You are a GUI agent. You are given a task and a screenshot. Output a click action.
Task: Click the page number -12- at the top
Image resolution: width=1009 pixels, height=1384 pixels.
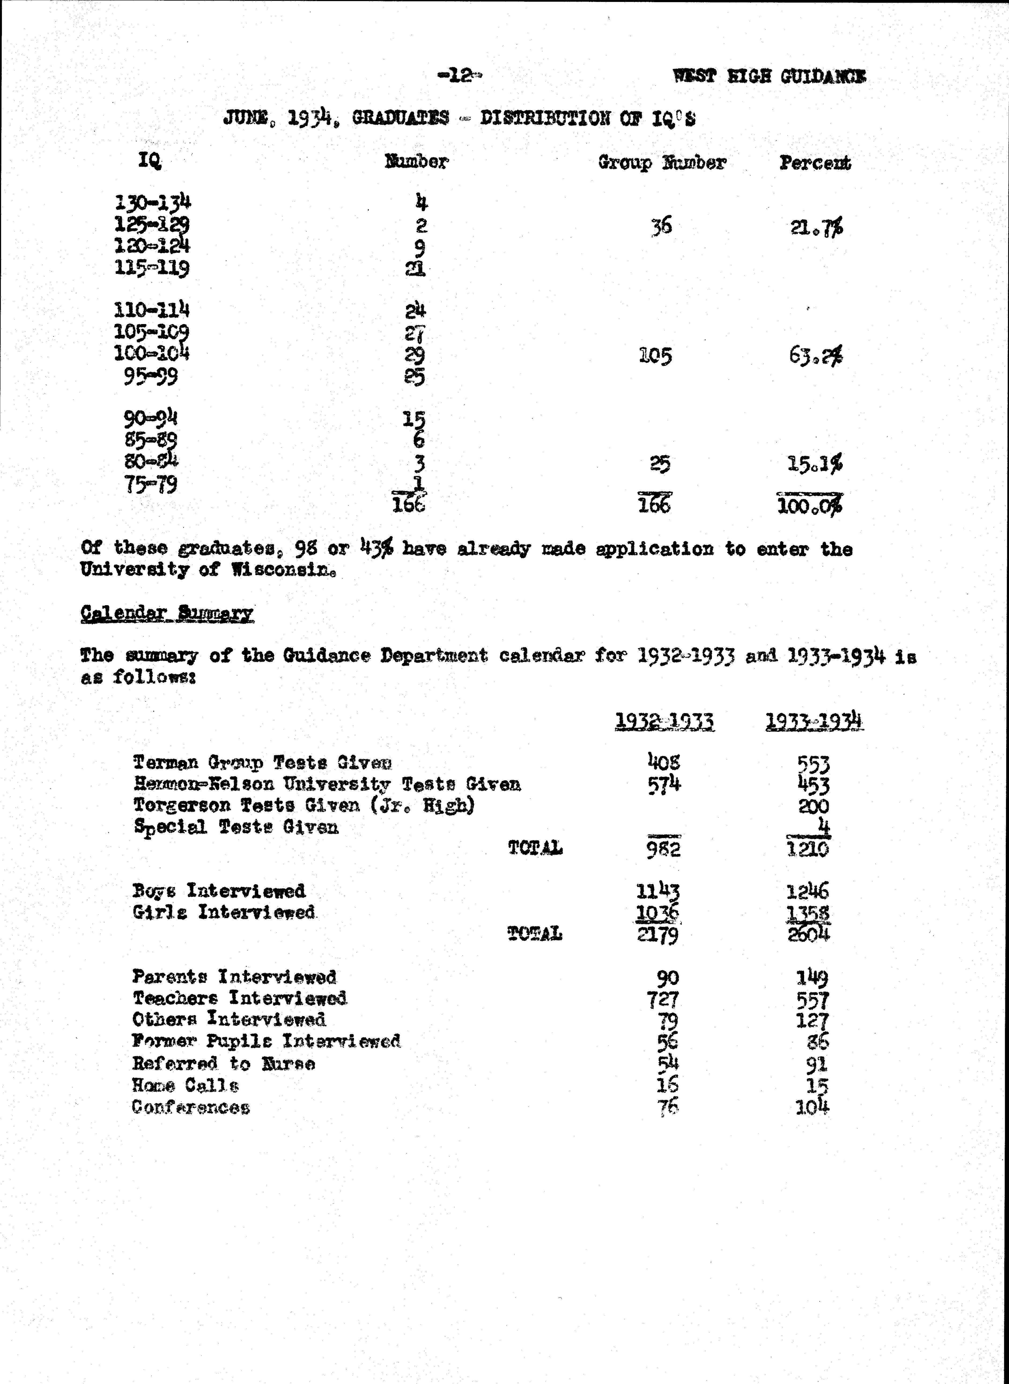pos(459,76)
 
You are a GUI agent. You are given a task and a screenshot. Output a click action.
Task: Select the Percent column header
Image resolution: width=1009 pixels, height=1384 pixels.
pos(815,163)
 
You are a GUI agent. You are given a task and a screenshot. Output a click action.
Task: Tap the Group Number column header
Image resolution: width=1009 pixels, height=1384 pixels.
pos(661,163)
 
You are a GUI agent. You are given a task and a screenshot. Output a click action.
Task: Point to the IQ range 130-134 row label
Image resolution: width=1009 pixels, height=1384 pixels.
pos(153,202)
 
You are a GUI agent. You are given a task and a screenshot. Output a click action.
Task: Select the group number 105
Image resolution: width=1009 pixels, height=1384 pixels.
pos(655,356)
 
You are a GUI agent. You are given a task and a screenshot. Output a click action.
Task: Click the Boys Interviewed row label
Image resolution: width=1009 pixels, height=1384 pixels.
pos(219,891)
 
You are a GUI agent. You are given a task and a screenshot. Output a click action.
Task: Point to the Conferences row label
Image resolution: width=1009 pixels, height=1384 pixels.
pos(191,1107)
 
